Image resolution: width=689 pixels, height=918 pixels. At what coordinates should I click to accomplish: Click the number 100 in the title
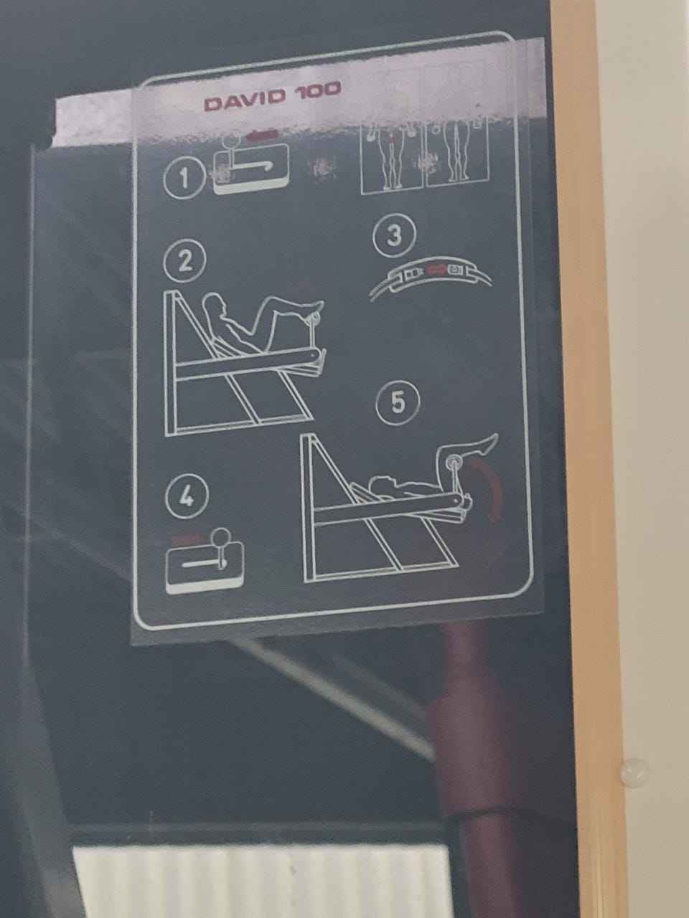tap(319, 90)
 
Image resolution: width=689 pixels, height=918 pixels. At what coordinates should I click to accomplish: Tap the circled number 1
tap(184, 178)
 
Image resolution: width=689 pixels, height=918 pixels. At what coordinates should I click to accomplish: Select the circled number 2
tap(185, 260)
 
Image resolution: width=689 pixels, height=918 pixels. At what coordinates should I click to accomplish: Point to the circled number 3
tap(394, 235)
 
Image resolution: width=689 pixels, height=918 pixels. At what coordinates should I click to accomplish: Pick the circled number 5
tap(398, 404)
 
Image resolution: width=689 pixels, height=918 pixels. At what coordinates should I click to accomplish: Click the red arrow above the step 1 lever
tap(263, 135)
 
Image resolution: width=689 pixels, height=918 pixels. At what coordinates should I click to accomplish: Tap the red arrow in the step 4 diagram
tap(187, 539)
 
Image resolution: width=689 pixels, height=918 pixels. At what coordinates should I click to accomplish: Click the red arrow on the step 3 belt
tap(437, 270)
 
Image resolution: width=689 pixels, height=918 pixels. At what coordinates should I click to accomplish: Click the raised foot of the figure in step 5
tap(488, 444)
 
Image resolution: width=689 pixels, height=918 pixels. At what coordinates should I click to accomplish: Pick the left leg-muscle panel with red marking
tap(393, 159)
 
